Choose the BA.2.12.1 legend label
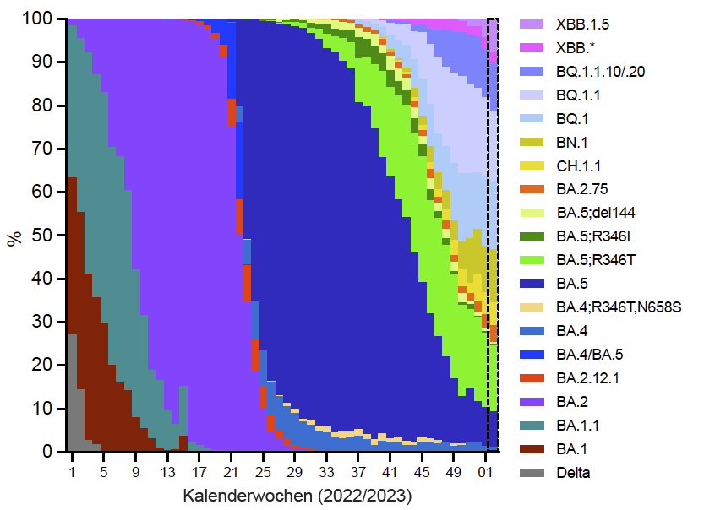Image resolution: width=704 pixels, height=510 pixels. (x=587, y=378)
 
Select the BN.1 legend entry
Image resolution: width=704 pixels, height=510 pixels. (x=572, y=143)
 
